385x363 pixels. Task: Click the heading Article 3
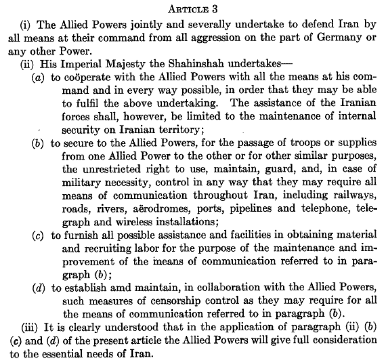[193, 9]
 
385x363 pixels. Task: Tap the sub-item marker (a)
[38, 78]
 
